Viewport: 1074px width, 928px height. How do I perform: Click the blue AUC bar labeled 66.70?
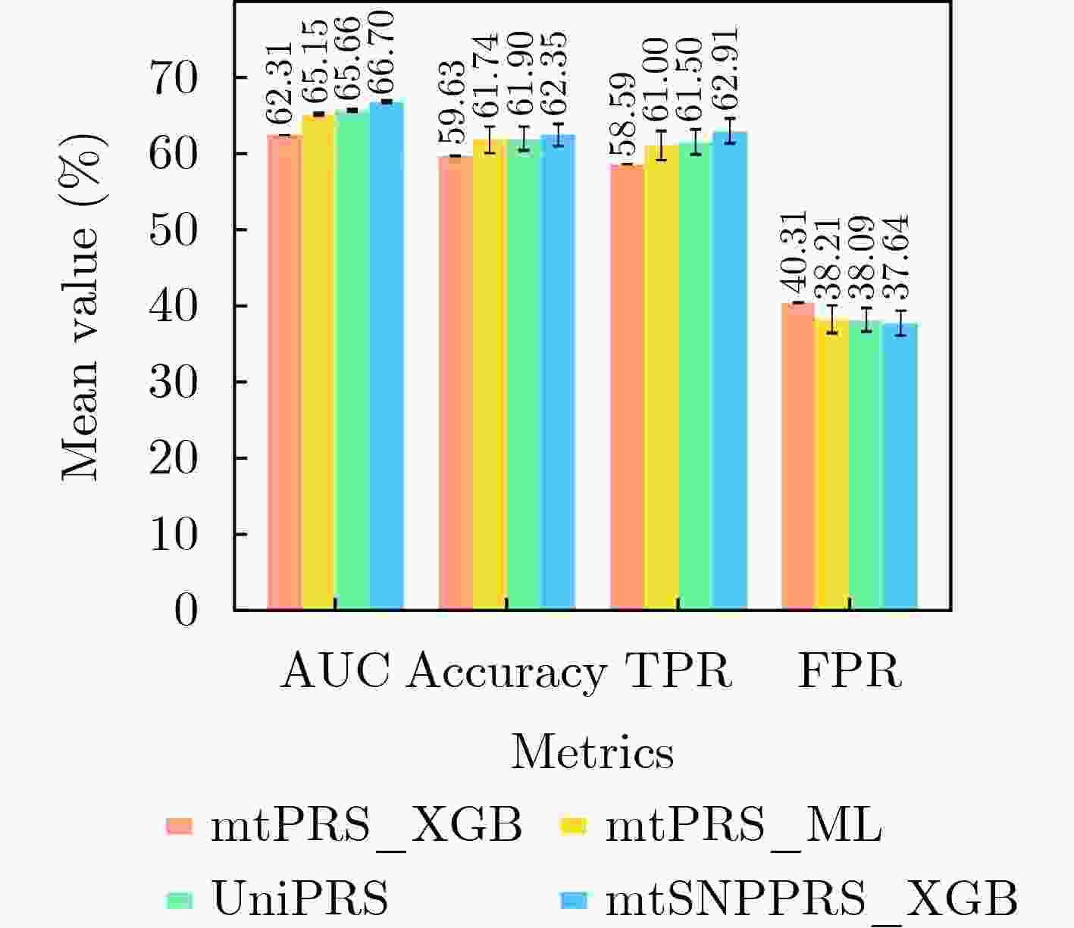click(387, 356)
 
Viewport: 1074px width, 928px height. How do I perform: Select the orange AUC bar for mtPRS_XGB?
click(284, 371)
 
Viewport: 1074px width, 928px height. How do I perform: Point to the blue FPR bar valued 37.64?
click(900, 467)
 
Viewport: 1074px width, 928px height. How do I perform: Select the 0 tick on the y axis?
click(186, 611)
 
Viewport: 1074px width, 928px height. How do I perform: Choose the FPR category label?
click(850, 670)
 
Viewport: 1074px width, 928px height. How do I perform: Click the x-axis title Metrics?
click(592, 753)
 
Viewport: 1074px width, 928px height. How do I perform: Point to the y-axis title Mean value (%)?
click(81, 306)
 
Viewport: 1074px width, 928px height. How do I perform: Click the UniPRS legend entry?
click(299, 899)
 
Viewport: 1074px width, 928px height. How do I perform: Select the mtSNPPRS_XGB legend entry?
click(811, 899)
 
